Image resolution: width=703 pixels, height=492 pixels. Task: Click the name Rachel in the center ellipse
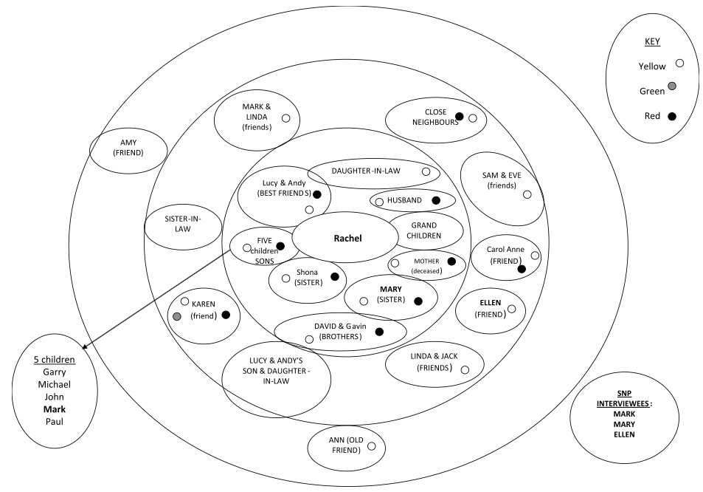pos(348,238)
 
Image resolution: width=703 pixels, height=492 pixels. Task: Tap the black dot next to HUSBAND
pos(436,200)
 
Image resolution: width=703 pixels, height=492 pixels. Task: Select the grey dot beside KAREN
pos(176,316)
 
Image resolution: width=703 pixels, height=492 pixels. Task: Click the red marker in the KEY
pos(671,116)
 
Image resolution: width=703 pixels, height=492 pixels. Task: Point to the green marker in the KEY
pos(671,86)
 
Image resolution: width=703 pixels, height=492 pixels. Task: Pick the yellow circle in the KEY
pos(679,64)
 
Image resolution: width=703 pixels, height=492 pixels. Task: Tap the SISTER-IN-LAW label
pos(182,224)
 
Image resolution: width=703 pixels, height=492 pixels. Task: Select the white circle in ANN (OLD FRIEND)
pos(371,446)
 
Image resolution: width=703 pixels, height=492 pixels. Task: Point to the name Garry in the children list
pos(54,372)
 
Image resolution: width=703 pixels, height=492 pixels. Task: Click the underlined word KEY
pos(653,42)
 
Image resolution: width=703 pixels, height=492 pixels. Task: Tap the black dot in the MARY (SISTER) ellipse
pos(418,301)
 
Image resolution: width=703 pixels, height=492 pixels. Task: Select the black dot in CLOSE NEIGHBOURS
pos(459,116)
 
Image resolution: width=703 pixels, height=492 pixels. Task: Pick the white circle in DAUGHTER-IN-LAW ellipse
pos(426,171)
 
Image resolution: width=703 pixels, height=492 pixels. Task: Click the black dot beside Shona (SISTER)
pos(334,276)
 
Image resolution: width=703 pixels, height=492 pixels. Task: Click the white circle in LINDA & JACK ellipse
pos(464,369)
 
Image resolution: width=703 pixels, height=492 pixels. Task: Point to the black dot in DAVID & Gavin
pos(379,332)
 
